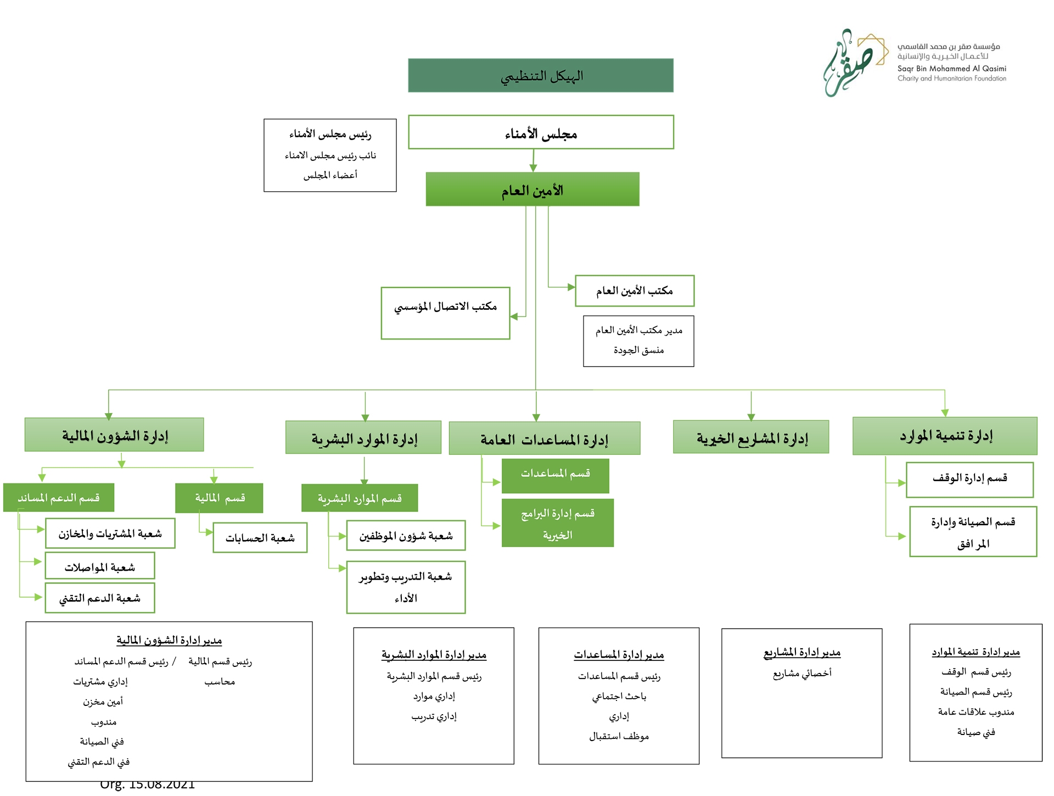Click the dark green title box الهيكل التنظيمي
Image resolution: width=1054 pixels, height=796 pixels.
point(541,75)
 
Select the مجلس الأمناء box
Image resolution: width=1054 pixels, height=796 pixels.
point(541,132)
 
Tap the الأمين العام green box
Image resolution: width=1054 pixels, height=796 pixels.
point(532,190)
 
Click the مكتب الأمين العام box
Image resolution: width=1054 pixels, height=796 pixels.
point(635,291)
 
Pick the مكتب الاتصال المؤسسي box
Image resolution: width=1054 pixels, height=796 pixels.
point(446,313)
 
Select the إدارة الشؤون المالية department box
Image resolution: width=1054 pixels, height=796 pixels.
point(114,435)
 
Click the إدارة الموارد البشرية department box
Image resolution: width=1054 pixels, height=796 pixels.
point(363,437)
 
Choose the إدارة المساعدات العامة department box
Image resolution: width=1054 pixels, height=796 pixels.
point(545,438)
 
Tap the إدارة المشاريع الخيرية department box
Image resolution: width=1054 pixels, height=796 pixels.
point(751,437)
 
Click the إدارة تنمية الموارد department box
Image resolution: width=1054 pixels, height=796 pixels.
point(945,436)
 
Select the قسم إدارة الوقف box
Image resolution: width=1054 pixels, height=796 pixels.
point(970,480)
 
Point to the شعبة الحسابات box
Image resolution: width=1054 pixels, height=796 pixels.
point(260,537)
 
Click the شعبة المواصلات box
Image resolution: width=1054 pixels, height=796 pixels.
point(100,566)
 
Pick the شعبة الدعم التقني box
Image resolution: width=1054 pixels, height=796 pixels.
point(100,598)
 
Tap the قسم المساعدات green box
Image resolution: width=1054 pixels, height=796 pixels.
point(556,476)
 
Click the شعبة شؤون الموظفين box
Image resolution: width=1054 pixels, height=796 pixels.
point(406,536)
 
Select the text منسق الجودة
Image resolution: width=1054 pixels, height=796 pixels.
point(639,350)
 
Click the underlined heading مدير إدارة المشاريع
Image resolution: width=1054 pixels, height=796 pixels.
point(802,652)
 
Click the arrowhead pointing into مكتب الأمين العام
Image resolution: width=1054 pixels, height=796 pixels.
point(571,287)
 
